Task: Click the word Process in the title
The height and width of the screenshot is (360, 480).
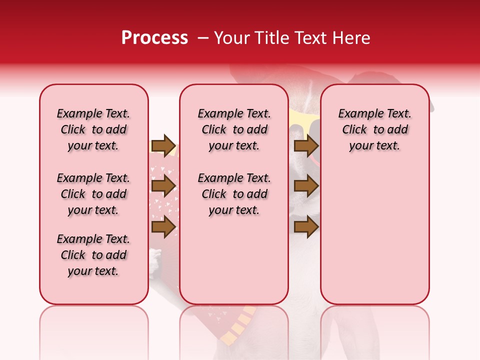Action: (154, 38)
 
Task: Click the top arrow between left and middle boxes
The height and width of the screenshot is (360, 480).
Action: (163, 146)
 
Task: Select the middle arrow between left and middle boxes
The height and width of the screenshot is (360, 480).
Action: (163, 186)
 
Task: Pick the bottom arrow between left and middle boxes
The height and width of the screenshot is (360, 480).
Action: (163, 227)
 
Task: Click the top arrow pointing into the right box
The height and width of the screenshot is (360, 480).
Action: (306, 146)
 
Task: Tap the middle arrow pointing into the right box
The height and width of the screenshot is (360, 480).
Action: (306, 186)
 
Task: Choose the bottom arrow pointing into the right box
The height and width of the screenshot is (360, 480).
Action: (306, 227)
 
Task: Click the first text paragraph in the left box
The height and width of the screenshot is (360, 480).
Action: (93, 129)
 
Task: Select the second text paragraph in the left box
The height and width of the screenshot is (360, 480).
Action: (93, 194)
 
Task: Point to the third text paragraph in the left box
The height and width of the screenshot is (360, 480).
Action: (93, 255)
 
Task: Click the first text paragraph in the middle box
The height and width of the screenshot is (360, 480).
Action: (234, 129)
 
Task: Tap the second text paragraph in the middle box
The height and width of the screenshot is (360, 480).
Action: (234, 194)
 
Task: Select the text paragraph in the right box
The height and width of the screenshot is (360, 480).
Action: (374, 129)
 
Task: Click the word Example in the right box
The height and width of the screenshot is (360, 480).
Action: (357, 114)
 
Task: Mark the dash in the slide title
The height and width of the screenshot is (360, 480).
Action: (203, 38)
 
